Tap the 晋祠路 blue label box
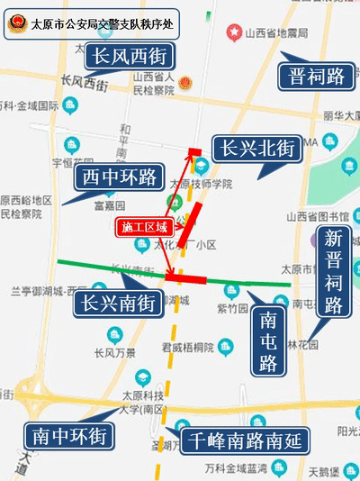[x=316, y=75]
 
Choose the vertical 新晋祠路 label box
[x=334, y=271]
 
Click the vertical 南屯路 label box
[x=268, y=341]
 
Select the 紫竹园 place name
[x=231, y=308]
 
